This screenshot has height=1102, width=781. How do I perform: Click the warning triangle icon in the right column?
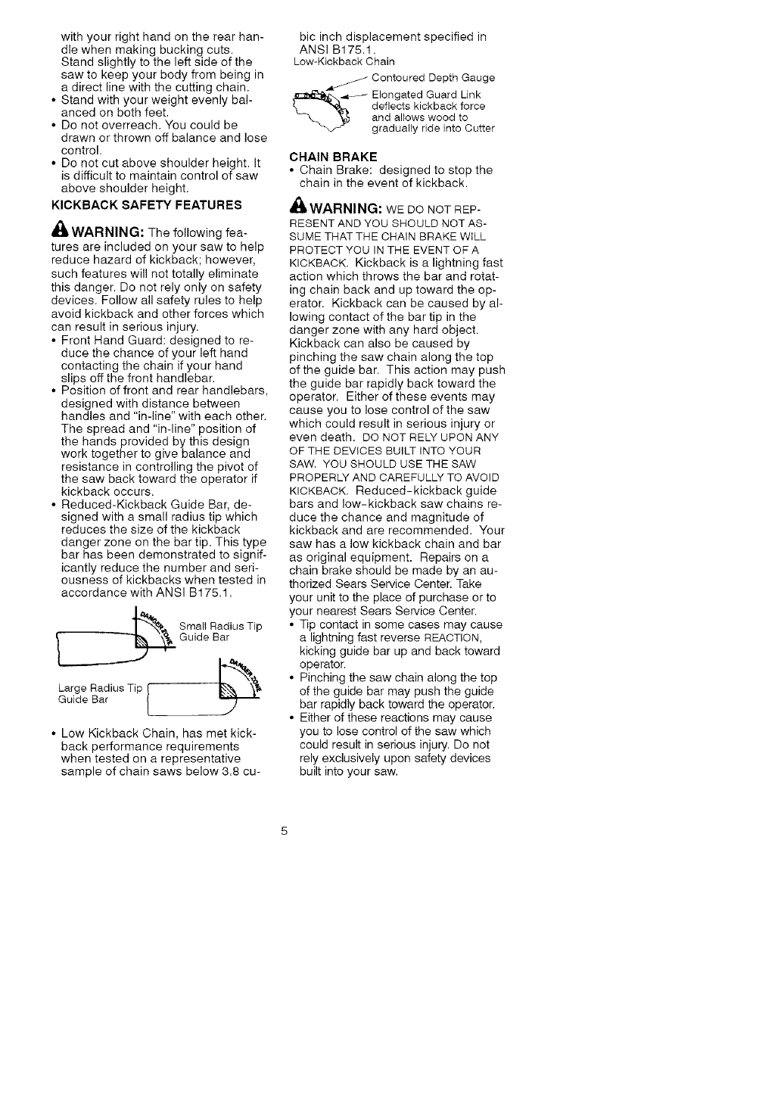click(x=297, y=207)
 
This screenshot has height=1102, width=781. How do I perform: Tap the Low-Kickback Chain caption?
click(x=343, y=61)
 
